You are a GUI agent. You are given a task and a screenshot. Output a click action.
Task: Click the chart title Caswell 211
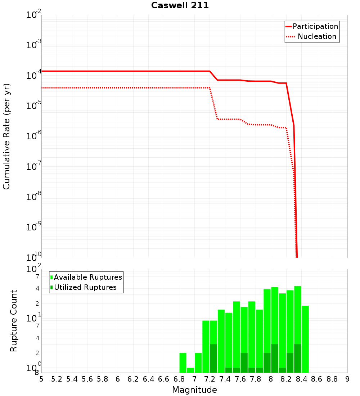(180, 6)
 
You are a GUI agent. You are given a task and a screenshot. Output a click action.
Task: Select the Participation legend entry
(312, 27)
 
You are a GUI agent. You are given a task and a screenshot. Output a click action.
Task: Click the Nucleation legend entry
(312, 37)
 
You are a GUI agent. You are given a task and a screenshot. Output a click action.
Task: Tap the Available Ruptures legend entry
(86, 278)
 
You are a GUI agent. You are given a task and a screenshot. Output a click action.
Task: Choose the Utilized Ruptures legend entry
(84, 288)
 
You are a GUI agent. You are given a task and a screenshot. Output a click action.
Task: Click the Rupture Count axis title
(14, 321)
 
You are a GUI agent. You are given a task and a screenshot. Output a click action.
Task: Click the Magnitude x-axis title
(194, 390)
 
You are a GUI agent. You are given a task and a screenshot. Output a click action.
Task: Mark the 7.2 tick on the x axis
(210, 379)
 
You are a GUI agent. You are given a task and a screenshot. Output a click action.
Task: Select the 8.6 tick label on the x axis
(317, 379)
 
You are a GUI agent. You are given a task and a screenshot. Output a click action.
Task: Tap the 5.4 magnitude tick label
(72, 379)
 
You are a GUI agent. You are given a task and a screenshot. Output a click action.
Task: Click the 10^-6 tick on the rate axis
(34, 136)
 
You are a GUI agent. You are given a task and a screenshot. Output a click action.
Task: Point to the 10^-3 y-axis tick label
(34, 45)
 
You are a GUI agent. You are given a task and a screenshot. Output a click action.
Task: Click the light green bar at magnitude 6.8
(183, 363)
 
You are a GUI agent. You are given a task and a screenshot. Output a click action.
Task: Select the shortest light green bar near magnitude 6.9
(190, 370)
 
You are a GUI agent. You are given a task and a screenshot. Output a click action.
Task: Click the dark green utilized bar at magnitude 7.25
(213, 358)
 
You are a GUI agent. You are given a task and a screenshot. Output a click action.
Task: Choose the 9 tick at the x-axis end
(347, 379)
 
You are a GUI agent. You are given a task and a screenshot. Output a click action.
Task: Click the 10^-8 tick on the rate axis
(34, 197)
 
